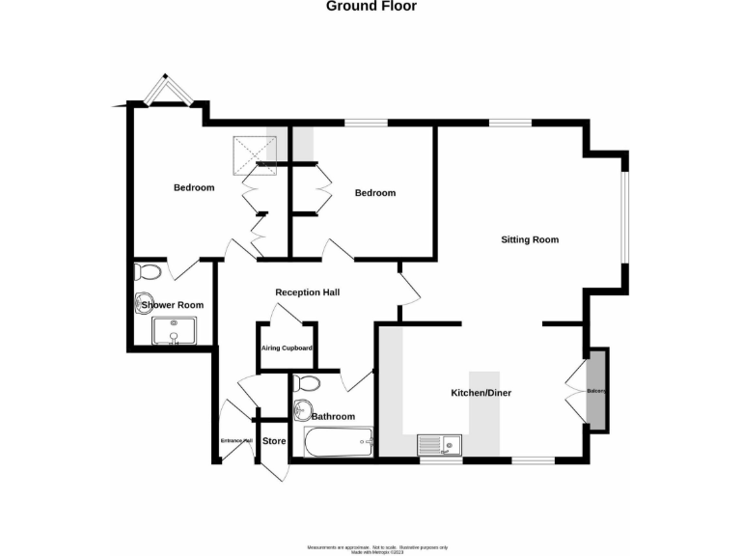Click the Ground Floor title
371,6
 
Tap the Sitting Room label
529,239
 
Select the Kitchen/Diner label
480,393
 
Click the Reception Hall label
307,292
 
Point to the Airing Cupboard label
287,347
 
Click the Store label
275,441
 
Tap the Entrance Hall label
235,441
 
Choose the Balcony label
596,391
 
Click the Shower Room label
174,305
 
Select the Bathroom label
333,417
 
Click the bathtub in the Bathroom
338,444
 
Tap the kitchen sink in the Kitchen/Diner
439,445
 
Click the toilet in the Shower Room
147,271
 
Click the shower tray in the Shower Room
174,331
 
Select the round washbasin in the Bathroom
305,408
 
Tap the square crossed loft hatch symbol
254,151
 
